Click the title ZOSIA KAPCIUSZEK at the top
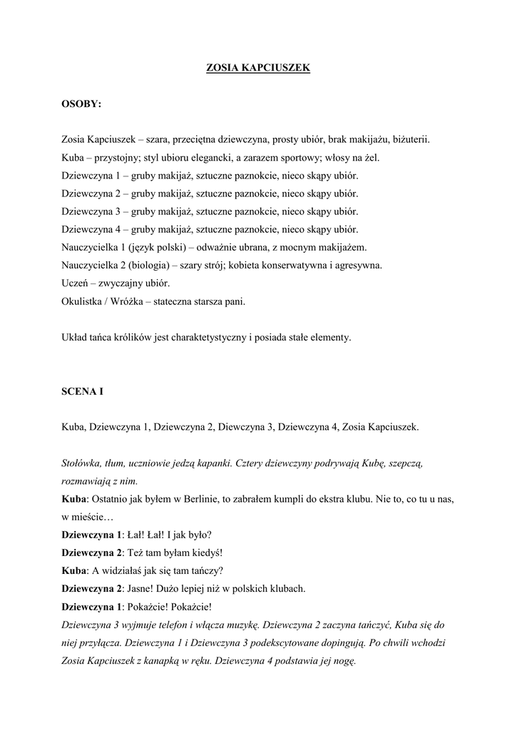(258, 68)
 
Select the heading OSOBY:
(81, 104)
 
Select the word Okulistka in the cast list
(83, 301)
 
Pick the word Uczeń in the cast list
(76, 283)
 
